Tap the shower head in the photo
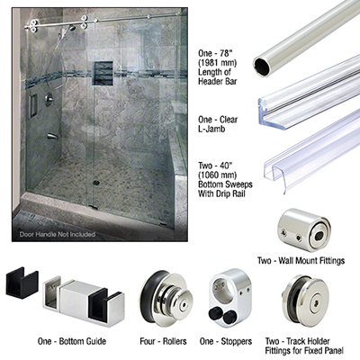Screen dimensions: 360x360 72,29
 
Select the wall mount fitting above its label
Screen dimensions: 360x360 303,229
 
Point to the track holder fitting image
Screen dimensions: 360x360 303,301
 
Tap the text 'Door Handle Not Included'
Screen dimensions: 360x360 58,234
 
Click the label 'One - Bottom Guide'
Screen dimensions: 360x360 72,341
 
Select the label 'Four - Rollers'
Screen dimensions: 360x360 163,341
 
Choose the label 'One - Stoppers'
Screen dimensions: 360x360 226,341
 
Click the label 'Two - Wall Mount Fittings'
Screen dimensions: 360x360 301,260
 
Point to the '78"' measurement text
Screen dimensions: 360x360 228,53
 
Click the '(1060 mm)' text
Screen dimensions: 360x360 217,175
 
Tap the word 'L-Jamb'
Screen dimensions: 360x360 211,129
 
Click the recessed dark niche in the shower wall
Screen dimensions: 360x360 103,73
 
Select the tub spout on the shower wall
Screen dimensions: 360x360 52,137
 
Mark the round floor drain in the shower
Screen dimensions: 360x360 95,182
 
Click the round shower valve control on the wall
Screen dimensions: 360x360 49,99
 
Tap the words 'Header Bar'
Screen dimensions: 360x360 217,81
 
